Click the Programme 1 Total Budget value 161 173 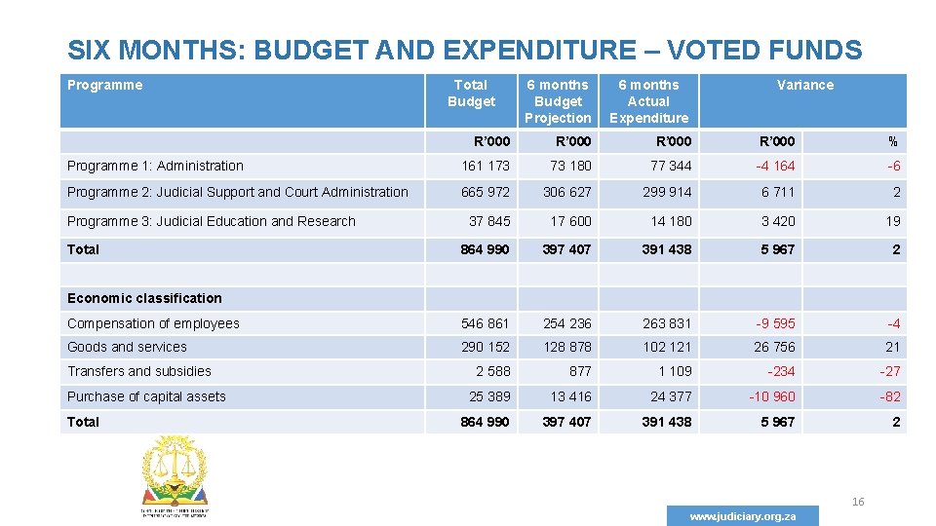pyautogui.click(x=485, y=166)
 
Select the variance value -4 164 pyautogui.click(x=775, y=166)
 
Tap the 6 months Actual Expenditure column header pyautogui.click(x=648, y=101)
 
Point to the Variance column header pyautogui.click(x=804, y=85)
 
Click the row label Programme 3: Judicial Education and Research pyautogui.click(x=212, y=221)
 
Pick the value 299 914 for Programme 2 pyautogui.click(x=667, y=192)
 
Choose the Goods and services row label pyautogui.click(x=127, y=347)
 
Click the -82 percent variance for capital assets pyautogui.click(x=889, y=396)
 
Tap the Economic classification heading pyautogui.click(x=144, y=298)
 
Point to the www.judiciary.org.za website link pyautogui.click(x=743, y=516)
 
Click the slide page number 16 pyautogui.click(x=858, y=502)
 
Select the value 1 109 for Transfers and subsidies pyautogui.click(x=675, y=371)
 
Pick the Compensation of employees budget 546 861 pyautogui.click(x=485, y=323)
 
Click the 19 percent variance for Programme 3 pyautogui.click(x=893, y=221)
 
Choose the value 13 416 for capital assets pyautogui.click(x=570, y=396)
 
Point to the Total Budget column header pyautogui.click(x=471, y=93)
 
